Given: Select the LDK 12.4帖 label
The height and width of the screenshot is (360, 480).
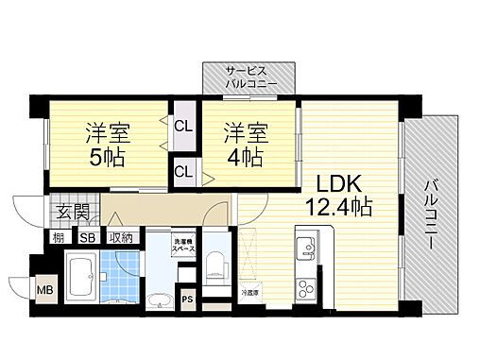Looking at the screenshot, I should click(x=337, y=194).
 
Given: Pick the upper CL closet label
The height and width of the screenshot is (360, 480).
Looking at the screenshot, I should click(x=183, y=125).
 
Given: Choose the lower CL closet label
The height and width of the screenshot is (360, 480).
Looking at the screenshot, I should click(x=183, y=171).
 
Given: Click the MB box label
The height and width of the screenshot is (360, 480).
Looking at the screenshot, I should click(x=44, y=288).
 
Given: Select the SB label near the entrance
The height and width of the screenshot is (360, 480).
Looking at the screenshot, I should click(x=87, y=237).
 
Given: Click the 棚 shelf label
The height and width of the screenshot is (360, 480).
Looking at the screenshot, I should click(x=58, y=237).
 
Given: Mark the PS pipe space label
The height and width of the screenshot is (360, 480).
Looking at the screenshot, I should click(x=187, y=300).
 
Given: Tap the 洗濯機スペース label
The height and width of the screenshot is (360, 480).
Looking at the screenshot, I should click(x=182, y=248).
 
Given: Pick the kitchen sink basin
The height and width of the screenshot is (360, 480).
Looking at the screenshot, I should click(x=306, y=249).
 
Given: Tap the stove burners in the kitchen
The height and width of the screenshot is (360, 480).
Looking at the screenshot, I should click(x=306, y=287).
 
